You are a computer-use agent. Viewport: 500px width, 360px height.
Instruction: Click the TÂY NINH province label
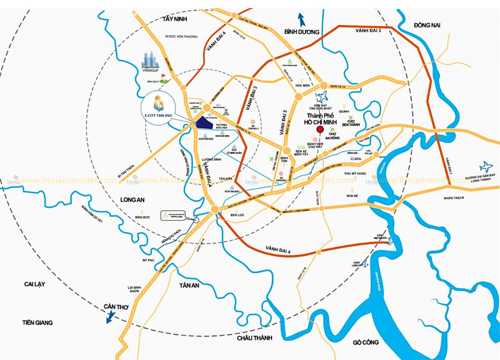(173, 19)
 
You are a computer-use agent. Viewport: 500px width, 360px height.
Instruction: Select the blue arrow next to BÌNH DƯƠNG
(301, 19)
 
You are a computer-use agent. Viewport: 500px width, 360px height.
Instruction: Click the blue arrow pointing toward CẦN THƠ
(111, 318)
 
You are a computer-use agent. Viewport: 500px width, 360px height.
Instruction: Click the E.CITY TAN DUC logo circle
(159, 107)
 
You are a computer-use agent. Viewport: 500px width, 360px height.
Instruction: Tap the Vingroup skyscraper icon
(150, 60)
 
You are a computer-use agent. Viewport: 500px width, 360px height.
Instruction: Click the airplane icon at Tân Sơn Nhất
(323, 97)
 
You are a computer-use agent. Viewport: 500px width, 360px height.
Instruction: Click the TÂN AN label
(189, 285)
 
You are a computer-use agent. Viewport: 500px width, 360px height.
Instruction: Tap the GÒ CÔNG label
(365, 342)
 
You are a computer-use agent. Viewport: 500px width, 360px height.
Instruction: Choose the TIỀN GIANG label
(37, 323)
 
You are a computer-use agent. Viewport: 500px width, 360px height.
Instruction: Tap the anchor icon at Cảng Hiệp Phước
(390, 240)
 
